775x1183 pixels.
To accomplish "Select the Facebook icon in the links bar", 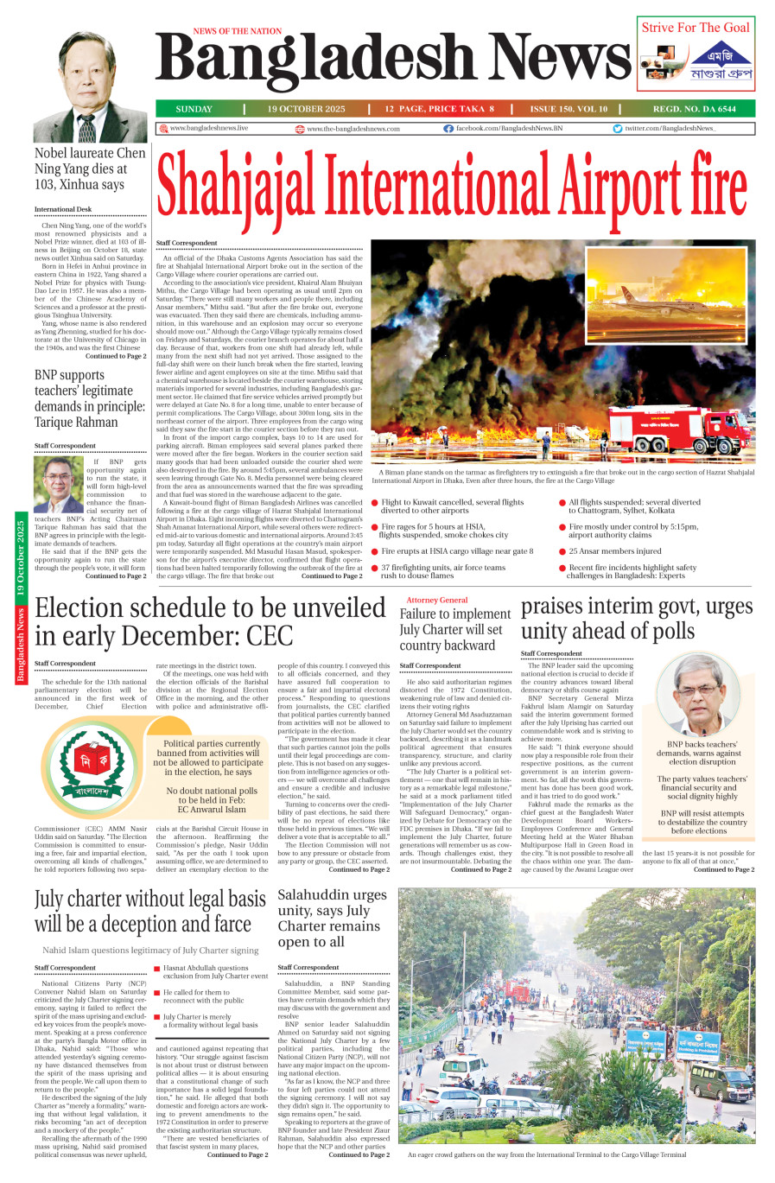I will [448, 128].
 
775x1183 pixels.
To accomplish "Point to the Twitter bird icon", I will [618, 128].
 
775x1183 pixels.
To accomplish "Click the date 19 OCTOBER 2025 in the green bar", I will [306, 109].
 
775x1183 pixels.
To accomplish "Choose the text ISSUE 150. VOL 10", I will [569, 109].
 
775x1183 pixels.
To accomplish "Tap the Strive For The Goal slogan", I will [696, 28].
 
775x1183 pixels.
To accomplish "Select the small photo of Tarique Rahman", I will [59, 484].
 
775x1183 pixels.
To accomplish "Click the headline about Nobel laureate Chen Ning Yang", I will [90, 169].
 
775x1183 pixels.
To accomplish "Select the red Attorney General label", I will [437, 600].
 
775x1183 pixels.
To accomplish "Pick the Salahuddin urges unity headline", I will [332, 918].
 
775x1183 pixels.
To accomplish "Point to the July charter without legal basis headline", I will [150, 912].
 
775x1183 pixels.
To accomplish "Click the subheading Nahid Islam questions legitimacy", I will [150, 951].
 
